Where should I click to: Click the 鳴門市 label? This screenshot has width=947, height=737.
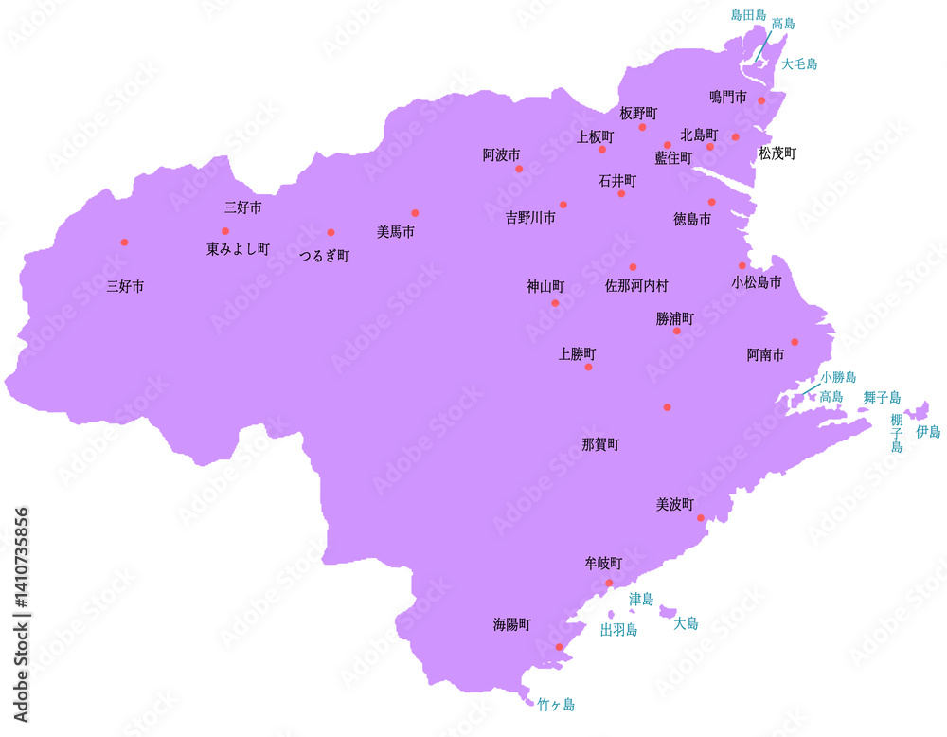pyautogui.click(x=728, y=97)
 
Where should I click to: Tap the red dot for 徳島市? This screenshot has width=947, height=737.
pyautogui.click(x=711, y=202)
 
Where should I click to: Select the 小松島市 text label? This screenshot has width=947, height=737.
pyautogui.click(x=757, y=282)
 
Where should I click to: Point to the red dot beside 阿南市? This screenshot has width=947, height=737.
pyautogui.click(x=795, y=342)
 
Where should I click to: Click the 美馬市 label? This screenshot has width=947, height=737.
pyautogui.click(x=395, y=231)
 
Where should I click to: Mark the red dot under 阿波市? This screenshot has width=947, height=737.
pyautogui.click(x=519, y=169)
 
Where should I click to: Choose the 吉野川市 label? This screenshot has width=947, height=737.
pyautogui.click(x=530, y=218)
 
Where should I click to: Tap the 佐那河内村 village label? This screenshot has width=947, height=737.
pyautogui.click(x=636, y=284)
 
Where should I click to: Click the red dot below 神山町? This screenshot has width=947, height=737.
pyautogui.click(x=555, y=303)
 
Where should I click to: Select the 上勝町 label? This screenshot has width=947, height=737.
pyautogui.click(x=578, y=354)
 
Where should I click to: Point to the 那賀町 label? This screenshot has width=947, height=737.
pyautogui.click(x=600, y=443)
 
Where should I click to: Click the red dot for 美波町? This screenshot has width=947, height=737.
pyautogui.click(x=701, y=518)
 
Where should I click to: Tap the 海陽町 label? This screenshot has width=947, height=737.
pyautogui.click(x=511, y=625)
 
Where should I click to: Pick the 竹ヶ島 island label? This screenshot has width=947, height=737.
pyautogui.click(x=556, y=705)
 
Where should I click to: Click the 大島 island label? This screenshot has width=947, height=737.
pyautogui.click(x=686, y=623)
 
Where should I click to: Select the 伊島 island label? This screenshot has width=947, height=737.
pyautogui.click(x=928, y=431)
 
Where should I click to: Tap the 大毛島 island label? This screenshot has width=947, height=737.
pyautogui.click(x=799, y=64)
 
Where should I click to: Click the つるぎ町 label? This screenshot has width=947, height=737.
pyautogui.click(x=325, y=256)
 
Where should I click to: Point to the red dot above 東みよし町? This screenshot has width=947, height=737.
pyautogui.click(x=225, y=231)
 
